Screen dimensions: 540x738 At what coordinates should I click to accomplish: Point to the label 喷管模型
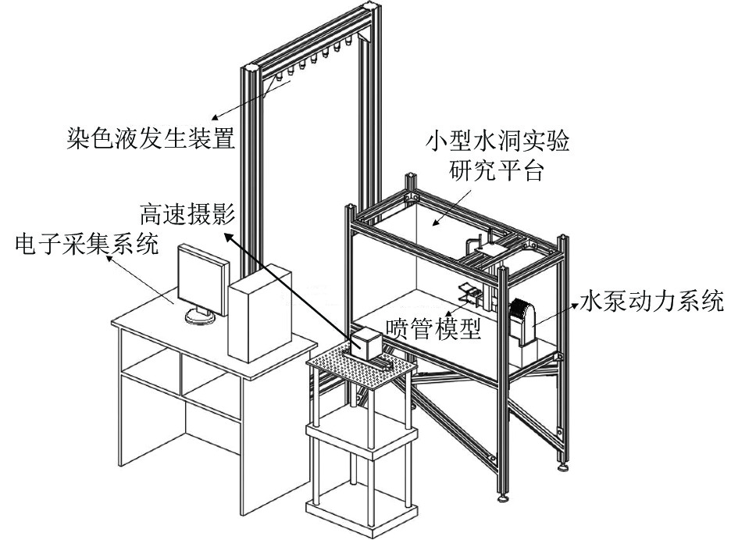point(431,327)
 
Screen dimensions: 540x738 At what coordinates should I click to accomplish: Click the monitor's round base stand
point(201,315)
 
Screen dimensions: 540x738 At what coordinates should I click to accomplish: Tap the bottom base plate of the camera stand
point(358,509)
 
